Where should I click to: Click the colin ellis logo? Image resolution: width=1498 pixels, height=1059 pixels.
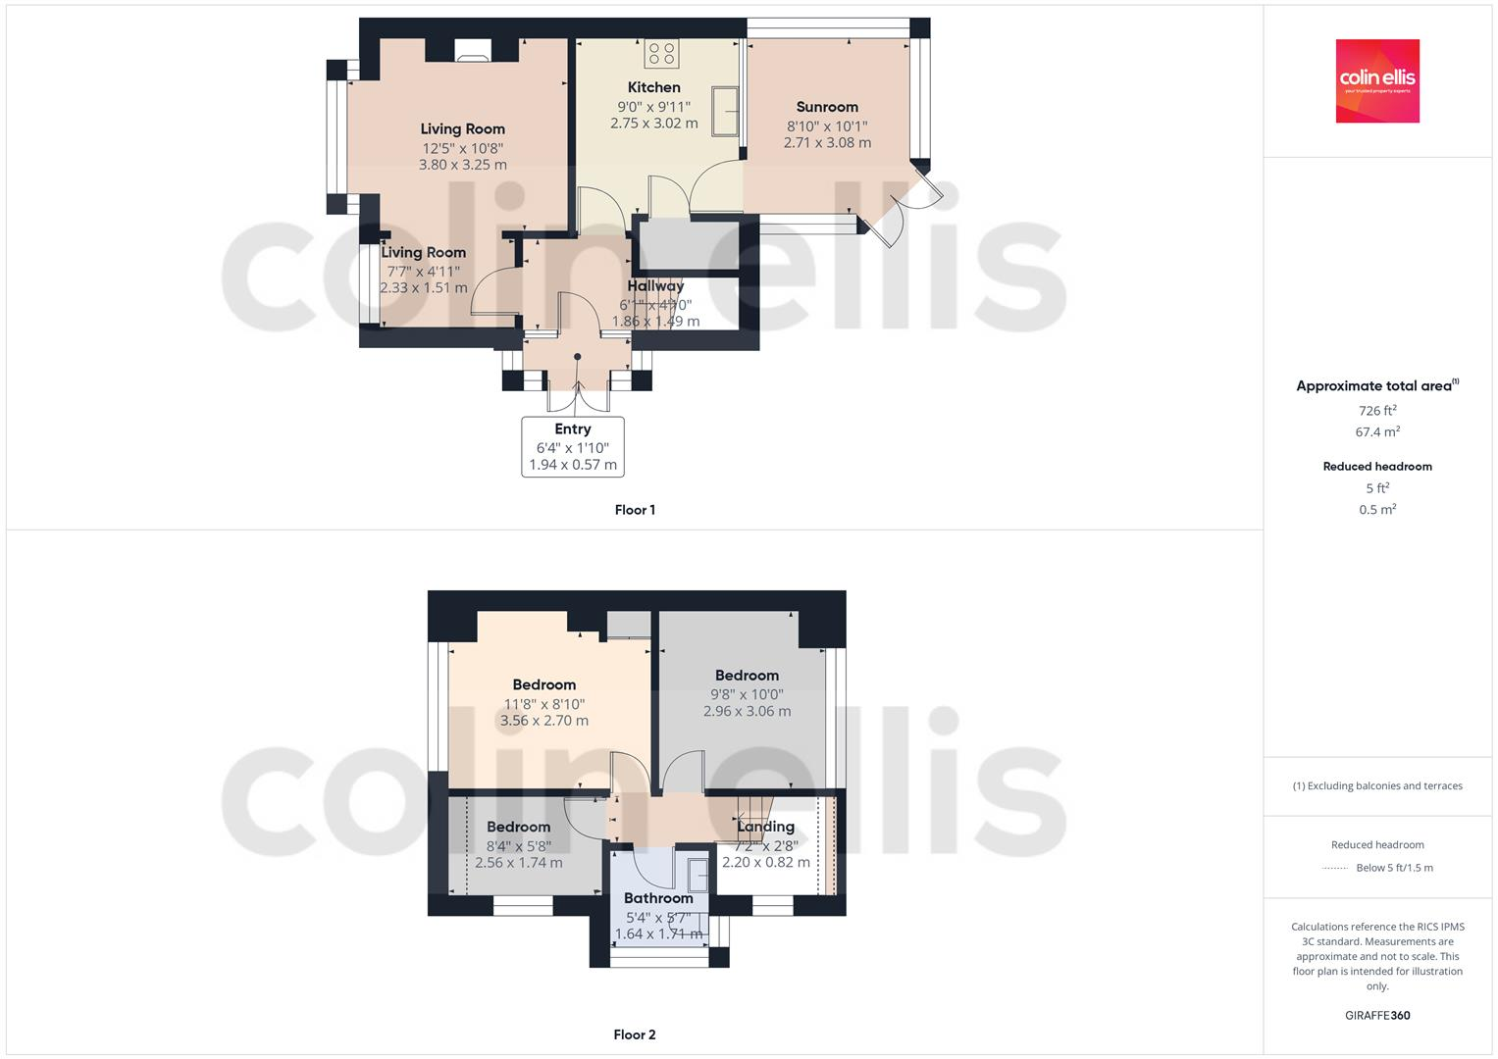tap(1377, 80)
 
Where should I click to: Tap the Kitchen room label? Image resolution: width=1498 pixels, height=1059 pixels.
tap(653, 87)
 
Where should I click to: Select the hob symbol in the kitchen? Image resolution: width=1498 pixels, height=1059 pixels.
tap(660, 51)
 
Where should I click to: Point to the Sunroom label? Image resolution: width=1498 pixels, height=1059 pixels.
tap(827, 107)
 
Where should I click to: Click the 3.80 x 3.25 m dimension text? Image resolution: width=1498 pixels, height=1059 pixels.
tap(462, 165)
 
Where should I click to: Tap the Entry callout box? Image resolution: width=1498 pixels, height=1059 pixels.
tap(573, 446)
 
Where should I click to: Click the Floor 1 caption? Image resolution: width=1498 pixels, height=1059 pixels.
tap(635, 510)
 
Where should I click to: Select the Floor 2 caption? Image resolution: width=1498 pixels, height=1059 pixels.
tap(635, 1034)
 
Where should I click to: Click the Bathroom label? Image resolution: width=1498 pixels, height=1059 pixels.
tap(658, 898)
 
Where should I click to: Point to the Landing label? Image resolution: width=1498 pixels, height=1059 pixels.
tap(765, 827)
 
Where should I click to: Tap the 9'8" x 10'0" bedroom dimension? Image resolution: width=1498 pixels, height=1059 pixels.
tap(747, 694)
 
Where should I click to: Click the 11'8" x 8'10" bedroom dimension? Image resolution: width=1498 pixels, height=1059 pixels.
tap(543, 703)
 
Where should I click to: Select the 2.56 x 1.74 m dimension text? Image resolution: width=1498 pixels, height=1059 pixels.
tap(518, 863)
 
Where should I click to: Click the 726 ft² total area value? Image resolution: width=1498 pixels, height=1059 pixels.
tap(1377, 411)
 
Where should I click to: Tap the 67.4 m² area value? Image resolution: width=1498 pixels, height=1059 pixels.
tap(1377, 431)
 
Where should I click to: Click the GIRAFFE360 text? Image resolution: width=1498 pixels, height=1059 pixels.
tap(1377, 1015)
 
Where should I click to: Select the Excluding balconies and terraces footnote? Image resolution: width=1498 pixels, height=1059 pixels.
tap(1377, 785)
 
